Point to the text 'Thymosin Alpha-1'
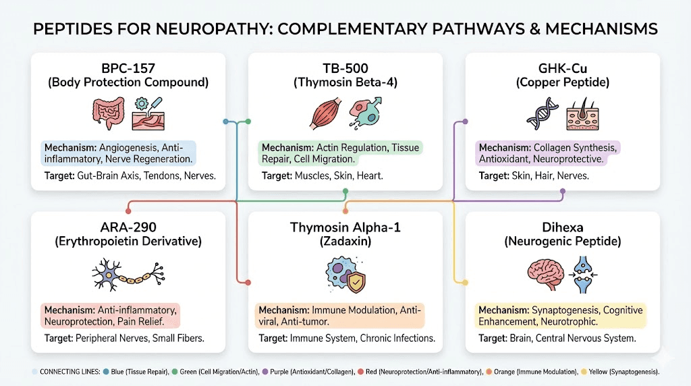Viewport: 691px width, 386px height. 345,228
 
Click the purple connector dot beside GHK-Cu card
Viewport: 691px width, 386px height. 465,121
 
